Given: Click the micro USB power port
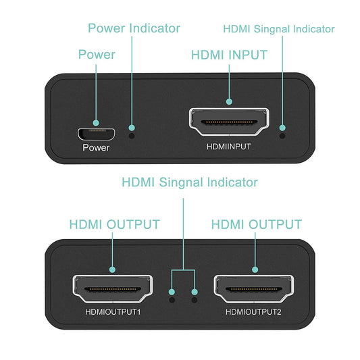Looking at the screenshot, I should (96, 131).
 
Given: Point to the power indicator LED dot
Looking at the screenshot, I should (132, 134).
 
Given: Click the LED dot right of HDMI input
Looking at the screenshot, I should (282, 134).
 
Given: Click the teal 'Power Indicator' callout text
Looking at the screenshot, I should (134, 28).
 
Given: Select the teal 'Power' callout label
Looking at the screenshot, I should (97, 55).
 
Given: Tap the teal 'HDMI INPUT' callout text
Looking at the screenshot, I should (229, 55).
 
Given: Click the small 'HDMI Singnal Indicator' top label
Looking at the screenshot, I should (278, 29).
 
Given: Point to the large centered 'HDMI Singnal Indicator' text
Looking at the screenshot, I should (189, 182).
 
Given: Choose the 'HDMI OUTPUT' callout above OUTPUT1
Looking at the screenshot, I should (114, 224).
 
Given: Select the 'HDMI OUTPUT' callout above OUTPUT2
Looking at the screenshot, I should (257, 224).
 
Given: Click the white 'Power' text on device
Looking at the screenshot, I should (96, 147).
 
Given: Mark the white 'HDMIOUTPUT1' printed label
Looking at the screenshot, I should (113, 312).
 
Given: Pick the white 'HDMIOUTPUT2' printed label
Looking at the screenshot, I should (254, 312).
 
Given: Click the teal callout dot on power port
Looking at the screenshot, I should (97, 124).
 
